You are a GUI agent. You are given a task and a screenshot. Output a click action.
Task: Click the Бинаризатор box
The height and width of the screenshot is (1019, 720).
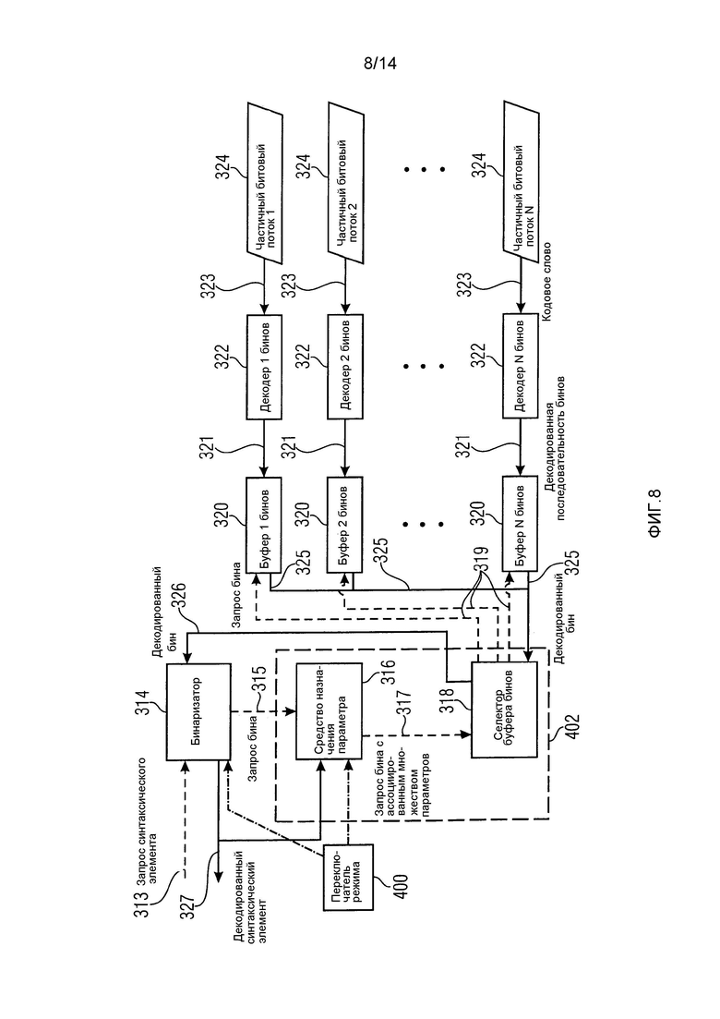tap(198, 711)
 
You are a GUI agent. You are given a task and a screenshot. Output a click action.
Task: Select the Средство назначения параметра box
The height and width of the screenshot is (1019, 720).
tap(329, 711)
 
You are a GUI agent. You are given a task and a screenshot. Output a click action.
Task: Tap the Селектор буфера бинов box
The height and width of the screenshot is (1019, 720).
tap(504, 710)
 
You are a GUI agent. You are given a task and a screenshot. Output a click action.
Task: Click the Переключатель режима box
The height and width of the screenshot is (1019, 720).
tap(349, 878)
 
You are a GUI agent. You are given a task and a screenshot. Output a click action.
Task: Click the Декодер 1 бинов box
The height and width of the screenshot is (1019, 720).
tap(264, 367)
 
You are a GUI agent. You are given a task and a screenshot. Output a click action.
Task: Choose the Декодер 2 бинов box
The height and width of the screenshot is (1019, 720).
tap(344, 367)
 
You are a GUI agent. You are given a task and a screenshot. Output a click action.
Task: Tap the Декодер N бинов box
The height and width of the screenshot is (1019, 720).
tap(520, 367)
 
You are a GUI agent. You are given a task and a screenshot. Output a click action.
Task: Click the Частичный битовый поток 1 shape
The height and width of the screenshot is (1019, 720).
tap(264, 183)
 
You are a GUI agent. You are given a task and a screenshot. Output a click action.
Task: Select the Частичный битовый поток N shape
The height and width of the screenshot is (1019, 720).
tap(522, 183)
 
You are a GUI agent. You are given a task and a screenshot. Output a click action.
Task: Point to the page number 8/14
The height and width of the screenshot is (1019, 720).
tap(380, 63)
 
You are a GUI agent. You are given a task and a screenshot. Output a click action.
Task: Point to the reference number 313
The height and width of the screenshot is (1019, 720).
tap(141, 904)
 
